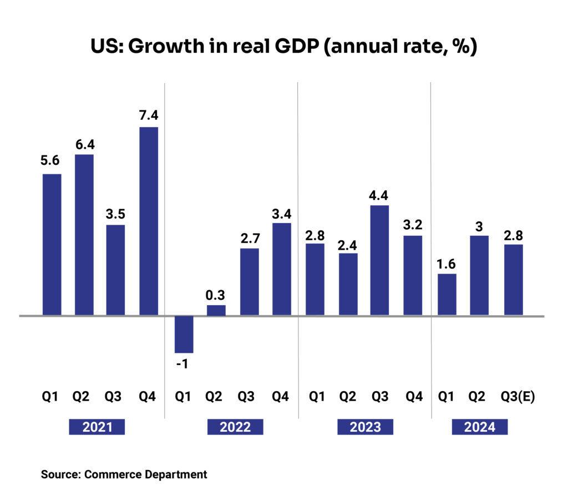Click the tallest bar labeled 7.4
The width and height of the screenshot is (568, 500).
pos(148,221)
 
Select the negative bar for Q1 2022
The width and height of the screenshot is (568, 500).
pos(184,334)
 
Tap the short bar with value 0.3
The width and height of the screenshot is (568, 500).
pos(216,310)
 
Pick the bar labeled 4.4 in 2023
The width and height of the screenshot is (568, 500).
pos(379,260)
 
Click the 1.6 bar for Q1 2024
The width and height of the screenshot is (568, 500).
pos(447,295)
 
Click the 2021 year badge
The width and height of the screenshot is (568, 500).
pos(97,427)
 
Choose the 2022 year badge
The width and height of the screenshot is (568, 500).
pos(235,427)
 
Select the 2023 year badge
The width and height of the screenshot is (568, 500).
pos(366,427)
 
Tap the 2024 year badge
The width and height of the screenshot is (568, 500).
pos(480,427)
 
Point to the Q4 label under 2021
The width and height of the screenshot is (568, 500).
pos(148,397)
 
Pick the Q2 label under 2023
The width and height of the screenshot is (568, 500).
pos(347,397)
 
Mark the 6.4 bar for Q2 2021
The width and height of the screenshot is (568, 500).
pos(84,235)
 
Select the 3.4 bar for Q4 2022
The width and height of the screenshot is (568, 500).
pos(282,269)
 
